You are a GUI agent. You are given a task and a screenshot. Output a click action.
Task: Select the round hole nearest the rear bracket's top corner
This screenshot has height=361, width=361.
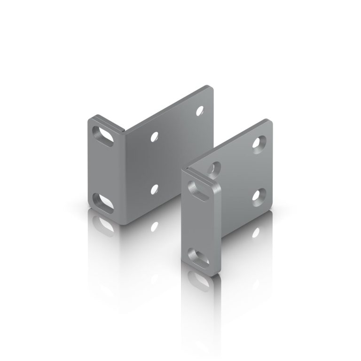200,111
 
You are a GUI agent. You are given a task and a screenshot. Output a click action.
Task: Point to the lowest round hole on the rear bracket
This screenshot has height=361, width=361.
154,189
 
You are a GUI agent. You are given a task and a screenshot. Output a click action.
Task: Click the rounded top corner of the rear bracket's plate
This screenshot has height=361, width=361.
210,88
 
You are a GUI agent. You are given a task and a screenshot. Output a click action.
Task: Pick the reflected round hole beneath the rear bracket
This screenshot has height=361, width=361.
153,227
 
